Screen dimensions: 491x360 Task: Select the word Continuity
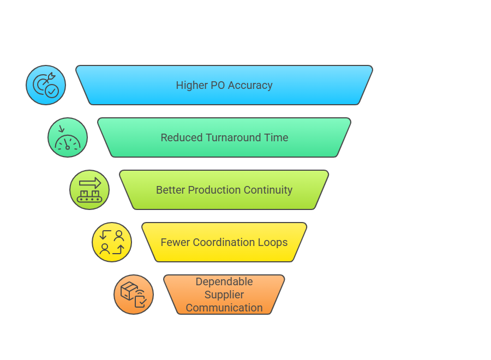[268, 190]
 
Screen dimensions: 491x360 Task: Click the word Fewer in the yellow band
[175, 242]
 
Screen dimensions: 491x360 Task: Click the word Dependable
[224, 281]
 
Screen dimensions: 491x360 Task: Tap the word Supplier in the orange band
[224, 295]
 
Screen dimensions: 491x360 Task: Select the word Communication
[224, 308]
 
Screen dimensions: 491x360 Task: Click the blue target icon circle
[46, 85]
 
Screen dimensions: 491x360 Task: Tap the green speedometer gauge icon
[68, 137]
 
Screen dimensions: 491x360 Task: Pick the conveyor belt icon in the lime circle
[89, 190]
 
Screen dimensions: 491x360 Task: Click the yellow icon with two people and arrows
[112, 242]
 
